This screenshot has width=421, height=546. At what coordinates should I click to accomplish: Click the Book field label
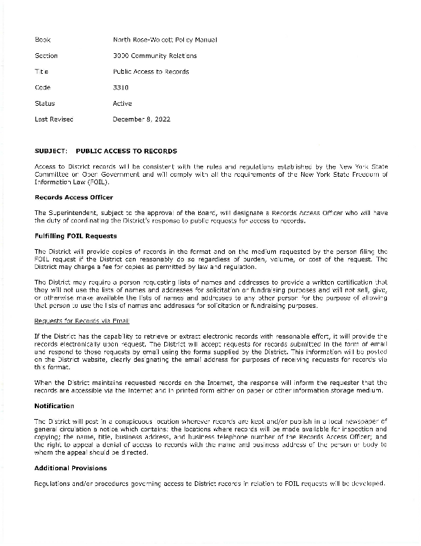coord(42,40)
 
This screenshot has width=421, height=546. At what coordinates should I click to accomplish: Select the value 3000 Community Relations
coord(155,55)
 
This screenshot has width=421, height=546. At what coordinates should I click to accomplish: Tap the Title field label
coord(42,72)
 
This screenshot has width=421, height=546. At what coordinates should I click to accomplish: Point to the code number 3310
coord(121,87)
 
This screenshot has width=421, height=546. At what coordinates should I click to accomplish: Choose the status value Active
coord(122,103)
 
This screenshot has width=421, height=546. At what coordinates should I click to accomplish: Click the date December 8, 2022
coord(141,119)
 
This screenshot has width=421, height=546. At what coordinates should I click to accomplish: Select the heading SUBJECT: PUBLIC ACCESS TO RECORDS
coord(106,151)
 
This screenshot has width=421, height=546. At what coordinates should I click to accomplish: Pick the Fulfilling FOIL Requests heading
coord(76,236)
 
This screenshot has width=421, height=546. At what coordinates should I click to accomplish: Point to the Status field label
coord(44,103)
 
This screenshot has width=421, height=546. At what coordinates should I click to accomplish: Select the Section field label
coord(46,55)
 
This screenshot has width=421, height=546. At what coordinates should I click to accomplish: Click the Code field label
coord(42,87)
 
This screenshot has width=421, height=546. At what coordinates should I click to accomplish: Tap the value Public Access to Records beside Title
coord(151,72)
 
